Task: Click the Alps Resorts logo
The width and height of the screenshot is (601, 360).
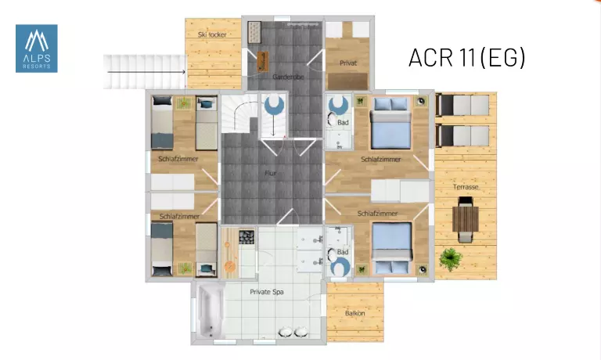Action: pyautogui.click(x=37, y=49)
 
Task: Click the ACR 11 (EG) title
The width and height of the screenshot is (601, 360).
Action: pyautogui.click(x=466, y=57)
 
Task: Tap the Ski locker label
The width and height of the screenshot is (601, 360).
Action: pyautogui.click(x=212, y=34)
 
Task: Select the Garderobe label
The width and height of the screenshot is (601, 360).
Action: pyautogui.click(x=288, y=77)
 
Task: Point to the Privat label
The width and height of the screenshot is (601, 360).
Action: pyautogui.click(x=348, y=63)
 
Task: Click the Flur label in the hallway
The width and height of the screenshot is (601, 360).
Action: pyautogui.click(x=270, y=173)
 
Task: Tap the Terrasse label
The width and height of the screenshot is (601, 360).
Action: pyautogui.click(x=466, y=187)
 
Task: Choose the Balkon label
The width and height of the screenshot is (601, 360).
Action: pyautogui.click(x=355, y=313)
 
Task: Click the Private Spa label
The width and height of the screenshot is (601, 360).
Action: pyautogui.click(x=267, y=292)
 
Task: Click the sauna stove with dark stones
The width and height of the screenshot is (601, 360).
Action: pyautogui.click(x=247, y=237)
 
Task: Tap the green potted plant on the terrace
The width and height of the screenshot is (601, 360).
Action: pyautogui.click(x=451, y=259)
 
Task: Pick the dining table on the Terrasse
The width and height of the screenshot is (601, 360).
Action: pyautogui.click(x=466, y=219)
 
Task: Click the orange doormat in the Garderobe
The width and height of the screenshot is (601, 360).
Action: pyautogui.click(x=263, y=61)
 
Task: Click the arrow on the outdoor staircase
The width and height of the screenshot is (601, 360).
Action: pyautogui.click(x=146, y=72)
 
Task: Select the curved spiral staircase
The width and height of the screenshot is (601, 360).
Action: pyautogui.click(x=240, y=113)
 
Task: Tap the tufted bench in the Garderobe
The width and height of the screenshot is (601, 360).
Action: pyautogui.click(x=254, y=32)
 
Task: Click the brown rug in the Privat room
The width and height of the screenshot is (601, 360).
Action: pyautogui.click(x=347, y=81)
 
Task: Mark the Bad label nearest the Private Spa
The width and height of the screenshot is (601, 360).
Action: pyautogui.click(x=343, y=252)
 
